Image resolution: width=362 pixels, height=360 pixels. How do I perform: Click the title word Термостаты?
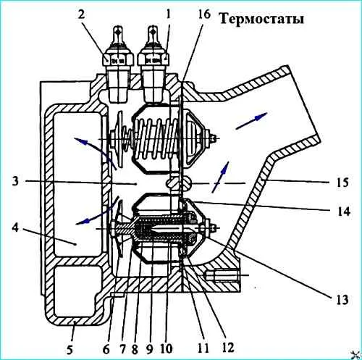262,19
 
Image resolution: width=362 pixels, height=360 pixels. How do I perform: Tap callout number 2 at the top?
81,14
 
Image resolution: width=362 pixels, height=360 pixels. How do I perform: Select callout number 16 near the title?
204,14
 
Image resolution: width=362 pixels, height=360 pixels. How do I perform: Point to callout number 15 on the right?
342,183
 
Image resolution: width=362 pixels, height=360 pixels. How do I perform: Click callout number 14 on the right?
343,212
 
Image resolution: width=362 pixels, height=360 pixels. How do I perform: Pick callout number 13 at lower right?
342,300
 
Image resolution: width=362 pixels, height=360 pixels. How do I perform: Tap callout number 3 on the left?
15,180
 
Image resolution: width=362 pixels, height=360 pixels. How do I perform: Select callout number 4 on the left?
15,227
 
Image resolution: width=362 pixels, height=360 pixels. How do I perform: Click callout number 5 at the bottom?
70,349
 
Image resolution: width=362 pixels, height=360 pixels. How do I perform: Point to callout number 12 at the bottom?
228,348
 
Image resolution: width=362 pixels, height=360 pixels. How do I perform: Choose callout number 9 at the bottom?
149,349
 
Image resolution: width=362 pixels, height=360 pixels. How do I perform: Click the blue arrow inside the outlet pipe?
251,121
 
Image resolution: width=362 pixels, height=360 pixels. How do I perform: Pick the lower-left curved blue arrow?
96,212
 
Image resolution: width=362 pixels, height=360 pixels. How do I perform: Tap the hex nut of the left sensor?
118,59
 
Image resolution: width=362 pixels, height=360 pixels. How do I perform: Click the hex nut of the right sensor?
153,59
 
